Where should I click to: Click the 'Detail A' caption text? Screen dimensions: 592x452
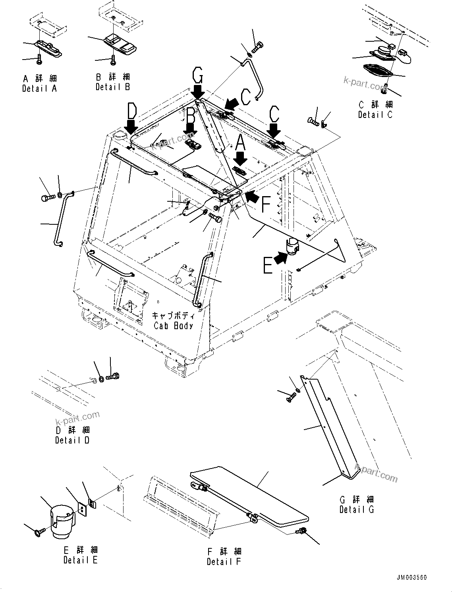[x=39, y=89]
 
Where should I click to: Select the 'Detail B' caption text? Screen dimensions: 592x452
[x=113, y=87]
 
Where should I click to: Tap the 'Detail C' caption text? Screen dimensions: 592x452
[x=375, y=115]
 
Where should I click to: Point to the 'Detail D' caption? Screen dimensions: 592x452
[x=72, y=440]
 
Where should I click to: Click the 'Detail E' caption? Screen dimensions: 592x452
[x=80, y=560]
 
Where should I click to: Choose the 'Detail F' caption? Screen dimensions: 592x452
[x=224, y=561]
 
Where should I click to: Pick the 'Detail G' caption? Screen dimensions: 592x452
[x=357, y=509]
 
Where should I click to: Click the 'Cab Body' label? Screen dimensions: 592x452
[x=174, y=326]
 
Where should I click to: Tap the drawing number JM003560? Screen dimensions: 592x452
[x=411, y=577]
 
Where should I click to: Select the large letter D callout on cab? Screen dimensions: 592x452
[x=132, y=110]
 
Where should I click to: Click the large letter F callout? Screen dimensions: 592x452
[x=266, y=204]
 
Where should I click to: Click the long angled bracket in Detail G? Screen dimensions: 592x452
[x=326, y=425]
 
